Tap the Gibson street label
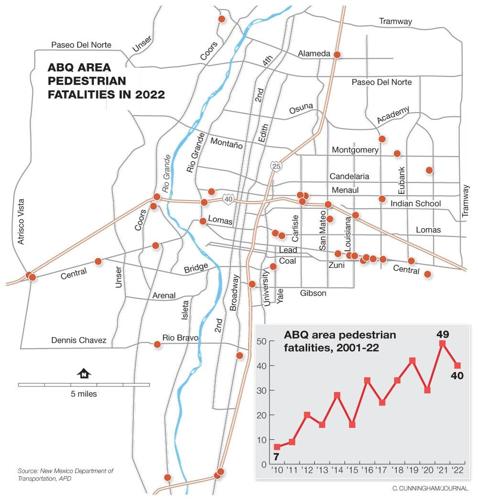(312, 293)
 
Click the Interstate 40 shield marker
(228, 198)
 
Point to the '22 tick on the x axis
(458, 468)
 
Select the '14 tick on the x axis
(337, 468)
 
